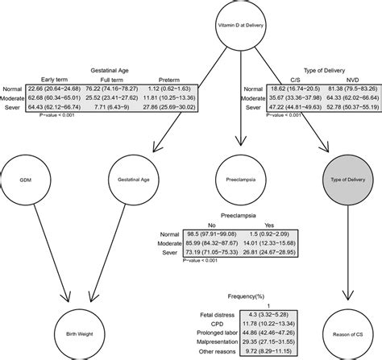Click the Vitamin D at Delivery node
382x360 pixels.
click(x=241, y=27)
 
